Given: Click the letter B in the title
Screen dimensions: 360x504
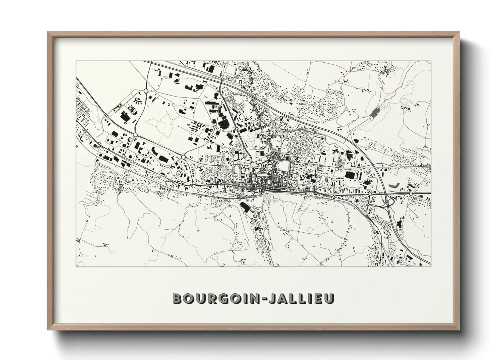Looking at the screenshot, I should click(178, 298).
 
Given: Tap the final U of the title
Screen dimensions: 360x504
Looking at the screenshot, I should click(329, 298).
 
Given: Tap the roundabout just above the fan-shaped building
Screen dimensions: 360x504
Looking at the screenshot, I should click(146, 91).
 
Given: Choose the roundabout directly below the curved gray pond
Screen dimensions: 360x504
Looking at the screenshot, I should click(411, 194).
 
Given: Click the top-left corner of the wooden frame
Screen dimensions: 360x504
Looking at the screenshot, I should click(48, 32).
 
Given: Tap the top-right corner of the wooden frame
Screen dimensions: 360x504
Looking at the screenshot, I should click(460, 32).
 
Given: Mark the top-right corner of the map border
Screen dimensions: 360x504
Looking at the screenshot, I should click(431, 61).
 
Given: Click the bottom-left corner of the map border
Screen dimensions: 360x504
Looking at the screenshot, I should click(76, 266).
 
